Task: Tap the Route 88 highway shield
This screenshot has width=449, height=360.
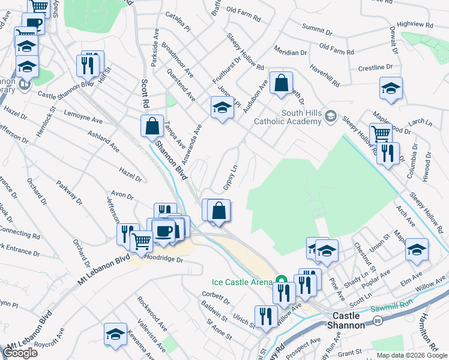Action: [x=377, y=322]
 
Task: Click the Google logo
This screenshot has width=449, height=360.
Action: [x=20, y=353]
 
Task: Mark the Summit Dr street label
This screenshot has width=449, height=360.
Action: [x=317, y=28]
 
